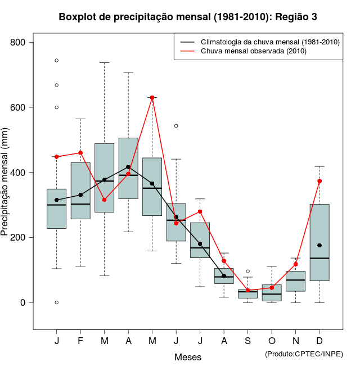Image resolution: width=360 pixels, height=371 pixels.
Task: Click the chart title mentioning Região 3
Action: point(188,17)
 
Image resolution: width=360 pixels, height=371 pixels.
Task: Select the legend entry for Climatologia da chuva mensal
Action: point(270,42)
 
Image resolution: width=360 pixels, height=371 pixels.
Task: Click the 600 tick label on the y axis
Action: point(19,107)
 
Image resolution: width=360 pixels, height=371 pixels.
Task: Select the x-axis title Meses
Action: point(187,357)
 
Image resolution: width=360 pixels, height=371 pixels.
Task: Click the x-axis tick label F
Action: point(80,341)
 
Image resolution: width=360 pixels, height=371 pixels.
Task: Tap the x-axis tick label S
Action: point(247,341)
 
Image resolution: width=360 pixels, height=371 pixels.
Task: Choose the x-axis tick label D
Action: point(319,341)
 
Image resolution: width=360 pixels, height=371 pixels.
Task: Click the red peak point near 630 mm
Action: point(152,98)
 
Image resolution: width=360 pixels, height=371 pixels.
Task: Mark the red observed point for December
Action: point(319,181)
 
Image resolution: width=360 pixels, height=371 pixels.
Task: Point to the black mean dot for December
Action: point(319,246)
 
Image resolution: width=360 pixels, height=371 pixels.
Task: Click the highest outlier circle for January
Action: point(57,60)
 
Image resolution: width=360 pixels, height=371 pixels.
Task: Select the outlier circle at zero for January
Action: point(57,302)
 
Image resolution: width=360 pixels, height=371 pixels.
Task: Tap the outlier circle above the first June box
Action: point(176,126)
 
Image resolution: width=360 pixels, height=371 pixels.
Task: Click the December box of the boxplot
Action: point(319,242)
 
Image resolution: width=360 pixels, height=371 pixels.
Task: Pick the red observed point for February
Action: point(80,152)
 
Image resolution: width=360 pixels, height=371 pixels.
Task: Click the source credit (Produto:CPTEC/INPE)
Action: point(304,354)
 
